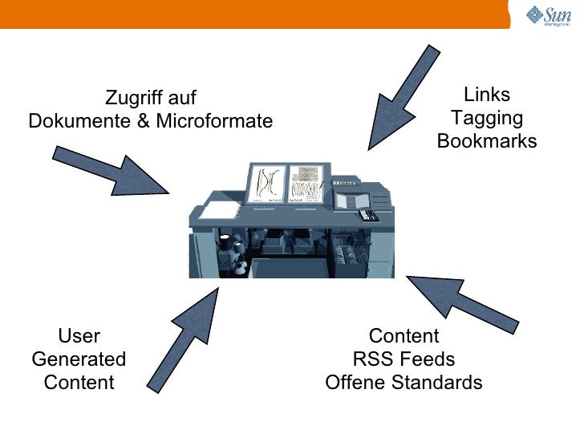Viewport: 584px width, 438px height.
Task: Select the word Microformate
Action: pos(214,122)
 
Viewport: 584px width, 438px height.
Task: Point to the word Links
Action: pos(487,95)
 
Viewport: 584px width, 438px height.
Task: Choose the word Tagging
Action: pos(487,119)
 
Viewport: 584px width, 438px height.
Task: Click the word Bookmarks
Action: pos(487,142)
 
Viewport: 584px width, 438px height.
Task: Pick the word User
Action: pos(79,336)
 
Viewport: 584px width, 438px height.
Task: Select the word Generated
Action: pos(79,359)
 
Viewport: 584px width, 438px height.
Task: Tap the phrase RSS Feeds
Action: pos(404,359)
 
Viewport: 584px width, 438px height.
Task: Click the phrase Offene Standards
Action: pos(404,383)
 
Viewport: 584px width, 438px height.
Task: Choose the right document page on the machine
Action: pos(306,183)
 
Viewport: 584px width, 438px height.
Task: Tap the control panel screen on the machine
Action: pos(350,200)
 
